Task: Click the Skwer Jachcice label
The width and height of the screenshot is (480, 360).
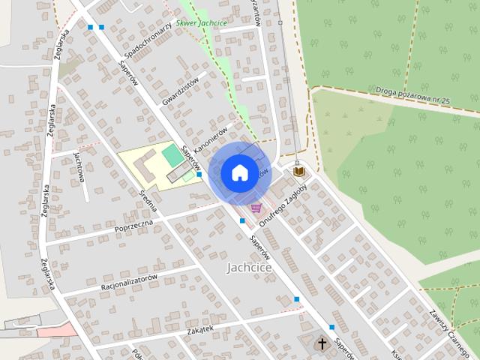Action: click(x=203, y=23)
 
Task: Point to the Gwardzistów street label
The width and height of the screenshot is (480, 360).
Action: click(x=180, y=91)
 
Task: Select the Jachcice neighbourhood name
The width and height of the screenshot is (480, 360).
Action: click(x=249, y=267)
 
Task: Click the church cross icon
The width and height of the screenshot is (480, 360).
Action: click(x=322, y=343)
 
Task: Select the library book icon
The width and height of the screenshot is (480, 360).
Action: click(x=298, y=172)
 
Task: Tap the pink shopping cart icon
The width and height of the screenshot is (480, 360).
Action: click(x=256, y=208)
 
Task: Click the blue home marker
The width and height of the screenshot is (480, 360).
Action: click(x=238, y=173)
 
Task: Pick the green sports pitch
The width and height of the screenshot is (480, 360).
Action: click(x=172, y=155)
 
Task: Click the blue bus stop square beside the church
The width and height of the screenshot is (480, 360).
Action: click(x=332, y=328)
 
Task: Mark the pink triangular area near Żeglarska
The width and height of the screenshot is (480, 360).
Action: click(x=57, y=329)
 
